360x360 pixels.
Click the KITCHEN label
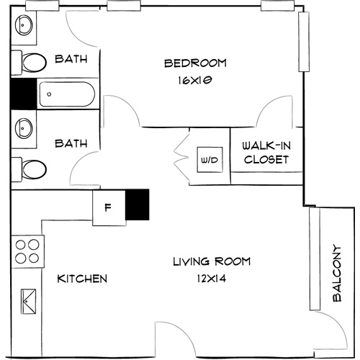tap(83, 279)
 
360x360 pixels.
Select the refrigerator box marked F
tap(108, 208)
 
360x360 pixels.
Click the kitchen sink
tap(30, 299)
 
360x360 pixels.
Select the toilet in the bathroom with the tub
tap(31, 63)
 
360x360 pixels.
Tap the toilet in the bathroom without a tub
tap(31, 170)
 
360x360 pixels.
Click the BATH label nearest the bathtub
tap(73, 60)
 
